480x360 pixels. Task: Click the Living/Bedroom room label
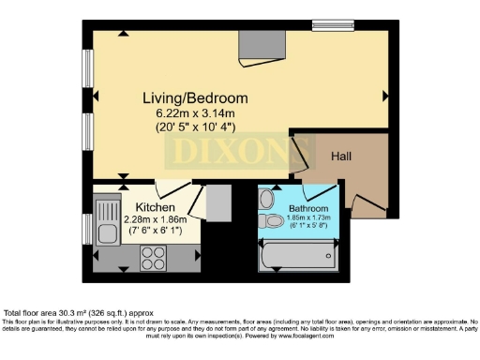[195, 97]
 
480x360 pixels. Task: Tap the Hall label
[340, 157]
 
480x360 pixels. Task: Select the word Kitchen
[155, 206]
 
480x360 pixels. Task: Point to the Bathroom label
[307, 208]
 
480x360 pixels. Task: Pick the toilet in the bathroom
[272, 221]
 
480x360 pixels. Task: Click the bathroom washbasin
[266, 199]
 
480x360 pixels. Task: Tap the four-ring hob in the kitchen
[153, 256]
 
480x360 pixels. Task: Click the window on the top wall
[333, 25]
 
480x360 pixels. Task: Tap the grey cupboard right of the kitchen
[218, 202]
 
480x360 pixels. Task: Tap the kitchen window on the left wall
[87, 227]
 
